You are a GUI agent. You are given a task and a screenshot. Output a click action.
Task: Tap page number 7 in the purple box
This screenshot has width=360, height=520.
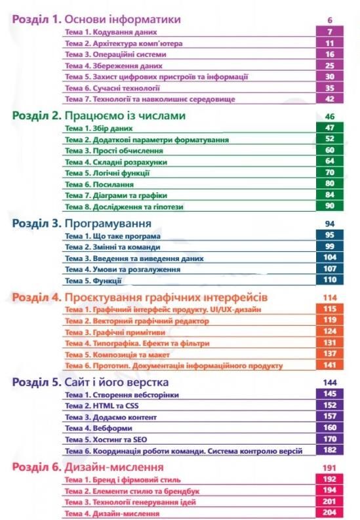click(x=330, y=31)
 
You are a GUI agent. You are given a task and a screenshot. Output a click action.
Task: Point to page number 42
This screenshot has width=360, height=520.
click(x=330, y=98)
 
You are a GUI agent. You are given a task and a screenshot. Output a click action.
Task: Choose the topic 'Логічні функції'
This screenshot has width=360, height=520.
click(x=108, y=172)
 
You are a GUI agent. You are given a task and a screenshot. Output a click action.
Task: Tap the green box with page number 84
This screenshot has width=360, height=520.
click(x=330, y=195)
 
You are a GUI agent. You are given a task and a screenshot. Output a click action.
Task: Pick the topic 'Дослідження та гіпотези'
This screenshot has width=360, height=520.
click(x=125, y=206)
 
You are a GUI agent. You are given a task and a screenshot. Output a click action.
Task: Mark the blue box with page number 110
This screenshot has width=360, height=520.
click(x=330, y=280)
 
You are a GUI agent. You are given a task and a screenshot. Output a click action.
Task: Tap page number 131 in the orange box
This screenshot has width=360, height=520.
click(x=330, y=342)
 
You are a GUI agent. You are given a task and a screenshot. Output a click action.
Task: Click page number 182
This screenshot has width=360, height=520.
click(x=330, y=450)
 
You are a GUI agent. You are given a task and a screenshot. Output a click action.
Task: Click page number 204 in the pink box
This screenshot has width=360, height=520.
click(x=330, y=513)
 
